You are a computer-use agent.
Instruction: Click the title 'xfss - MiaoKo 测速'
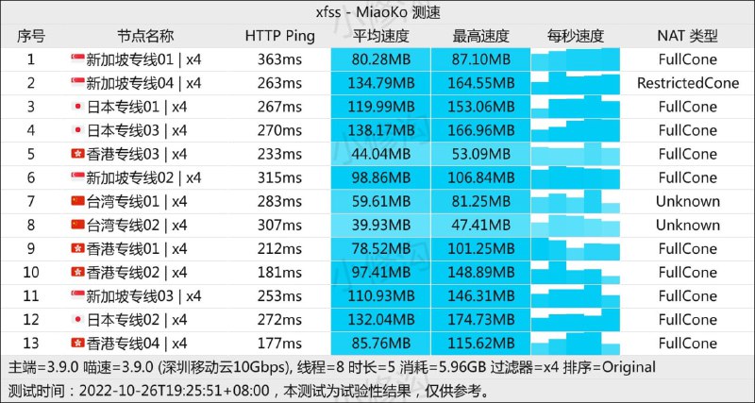[377, 12]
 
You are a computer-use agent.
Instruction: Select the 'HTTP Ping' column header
[280, 36]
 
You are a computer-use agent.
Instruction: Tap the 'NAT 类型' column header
[688, 36]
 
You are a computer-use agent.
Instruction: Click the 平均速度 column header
[381, 36]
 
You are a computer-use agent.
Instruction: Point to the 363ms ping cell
[280, 59]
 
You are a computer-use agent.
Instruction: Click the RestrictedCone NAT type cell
[688, 83]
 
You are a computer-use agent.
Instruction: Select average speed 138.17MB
[381, 130]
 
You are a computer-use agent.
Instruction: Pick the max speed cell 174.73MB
[481, 319]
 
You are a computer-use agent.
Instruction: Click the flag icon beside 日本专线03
[77, 130]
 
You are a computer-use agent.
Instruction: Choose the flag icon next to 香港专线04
[77, 343]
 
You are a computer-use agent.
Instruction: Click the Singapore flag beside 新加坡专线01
[77, 59]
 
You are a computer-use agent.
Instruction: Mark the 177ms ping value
[280, 343]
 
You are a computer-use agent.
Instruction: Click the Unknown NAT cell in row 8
[688, 225]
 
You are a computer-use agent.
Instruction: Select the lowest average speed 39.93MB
[381, 225]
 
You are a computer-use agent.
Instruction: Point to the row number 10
[31, 272]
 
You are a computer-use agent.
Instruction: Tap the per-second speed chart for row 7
[576, 201]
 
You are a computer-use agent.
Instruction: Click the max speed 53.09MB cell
[481, 154]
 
